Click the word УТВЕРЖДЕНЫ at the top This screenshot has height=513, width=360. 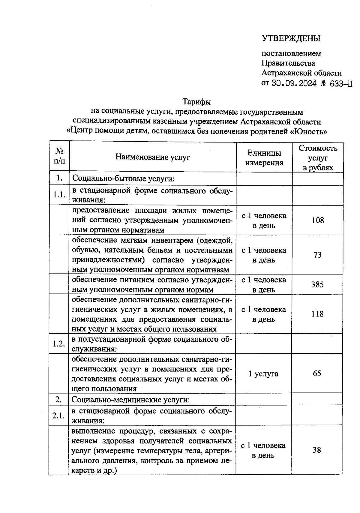[291, 38]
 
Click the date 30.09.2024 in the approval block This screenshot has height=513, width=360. [294, 83]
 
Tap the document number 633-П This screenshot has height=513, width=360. [341, 84]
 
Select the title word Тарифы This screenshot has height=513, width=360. [197, 102]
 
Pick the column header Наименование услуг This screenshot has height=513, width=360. [153, 157]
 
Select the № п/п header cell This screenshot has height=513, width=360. [59, 156]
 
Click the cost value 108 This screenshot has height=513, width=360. [318, 220]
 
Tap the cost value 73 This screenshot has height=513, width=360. [317, 255]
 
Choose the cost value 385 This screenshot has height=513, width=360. [317, 284]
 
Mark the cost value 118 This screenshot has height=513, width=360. [317, 314]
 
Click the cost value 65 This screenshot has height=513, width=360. [317, 373]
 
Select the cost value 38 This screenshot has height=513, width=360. [316, 450]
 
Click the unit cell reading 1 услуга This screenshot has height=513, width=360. [263, 374]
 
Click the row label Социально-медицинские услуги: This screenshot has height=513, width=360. [130, 400]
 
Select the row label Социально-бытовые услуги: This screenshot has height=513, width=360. [123, 179]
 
